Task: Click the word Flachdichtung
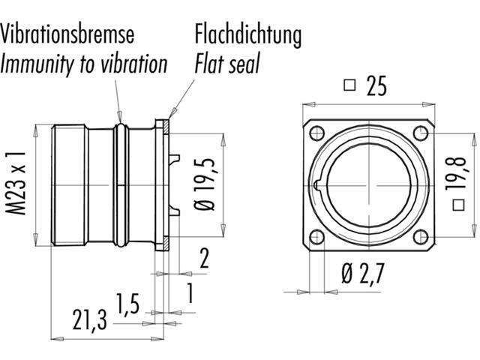point(248,34)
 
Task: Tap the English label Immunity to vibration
point(83,64)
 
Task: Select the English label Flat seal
point(227,64)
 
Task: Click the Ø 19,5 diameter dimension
point(208,184)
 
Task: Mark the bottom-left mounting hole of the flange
point(316,237)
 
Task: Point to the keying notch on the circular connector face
point(321,184)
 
